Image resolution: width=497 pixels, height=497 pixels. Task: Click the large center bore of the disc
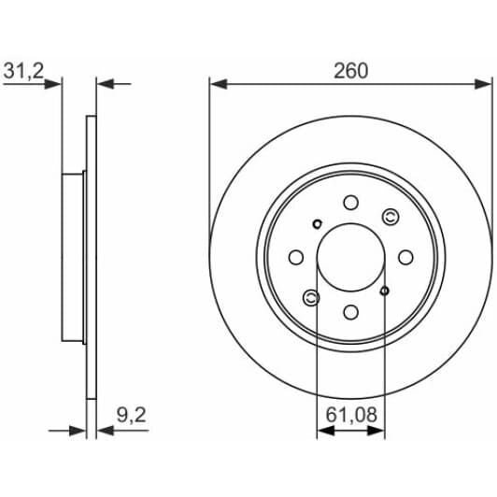pyautogui.click(x=350, y=257)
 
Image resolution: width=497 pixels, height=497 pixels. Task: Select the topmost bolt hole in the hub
pyautogui.click(x=350, y=202)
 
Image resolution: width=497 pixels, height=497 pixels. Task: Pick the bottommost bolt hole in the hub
pyautogui.click(x=350, y=312)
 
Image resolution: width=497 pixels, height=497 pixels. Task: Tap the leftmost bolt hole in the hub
pyautogui.click(x=295, y=257)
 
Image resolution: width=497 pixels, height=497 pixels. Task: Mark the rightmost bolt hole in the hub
pyautogui.click(x=405, y=257)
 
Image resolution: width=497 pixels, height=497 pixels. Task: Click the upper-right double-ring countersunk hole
pyautogui.click(x=390, y=218)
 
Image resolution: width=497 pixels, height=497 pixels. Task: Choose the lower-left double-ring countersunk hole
pyautogui.click(x=311, y=297)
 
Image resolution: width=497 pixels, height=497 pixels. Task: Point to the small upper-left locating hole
pyautogui.click(x=318, y=223)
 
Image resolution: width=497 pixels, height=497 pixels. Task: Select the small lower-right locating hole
pyautogui.click(x=384, y=291)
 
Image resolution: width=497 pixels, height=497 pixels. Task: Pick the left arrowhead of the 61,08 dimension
pyautogui.click(x=323, y=431)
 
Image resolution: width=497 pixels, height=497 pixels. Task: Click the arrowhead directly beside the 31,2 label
pyautogui.click(x=55, y=84)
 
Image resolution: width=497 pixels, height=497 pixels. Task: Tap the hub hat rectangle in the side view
pyautogui.click(x=74, y=257)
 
